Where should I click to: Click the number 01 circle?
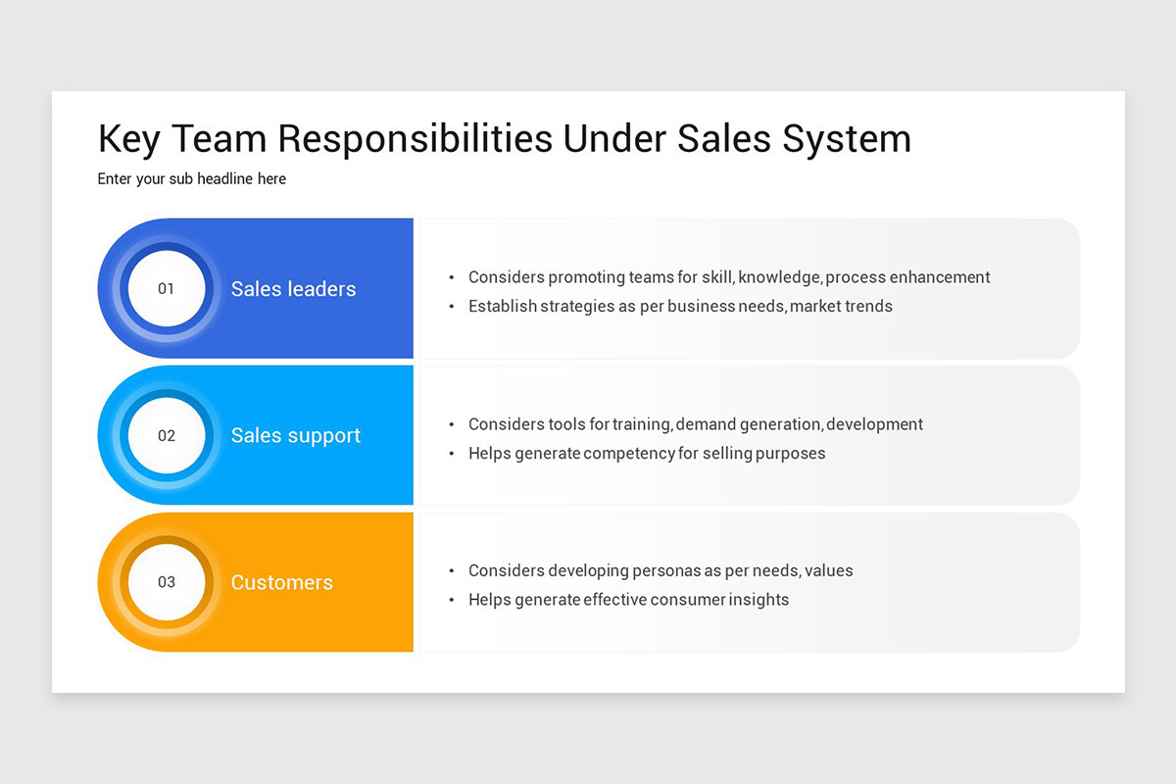[167, 289]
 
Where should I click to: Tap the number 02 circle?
[167, 435]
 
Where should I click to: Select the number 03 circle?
[167, 582]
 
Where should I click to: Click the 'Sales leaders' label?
[293, 289]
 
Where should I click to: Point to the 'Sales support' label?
[295, 436]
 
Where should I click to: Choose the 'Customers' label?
[281, 582]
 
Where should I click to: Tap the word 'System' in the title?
[846, 139]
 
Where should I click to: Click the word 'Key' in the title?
[128, 139]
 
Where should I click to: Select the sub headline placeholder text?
[192, 179]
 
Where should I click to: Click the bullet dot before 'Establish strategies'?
[452, 307]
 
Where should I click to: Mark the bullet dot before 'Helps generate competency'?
[452, 454]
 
